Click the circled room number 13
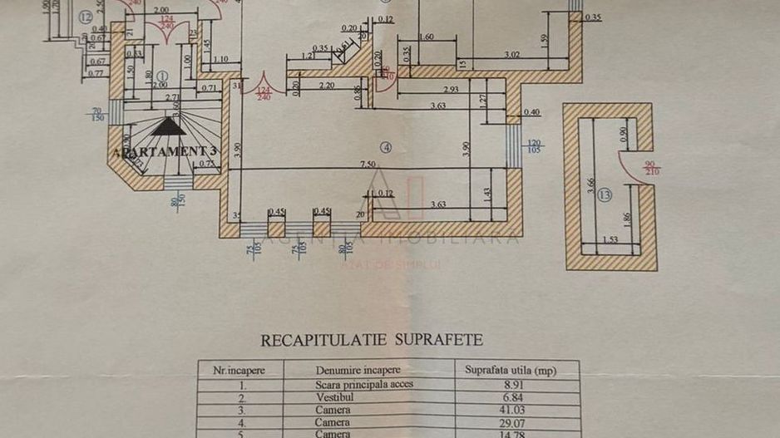pos(605,196)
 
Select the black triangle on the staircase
pos(167,126)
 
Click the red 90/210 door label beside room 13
pos(651,167)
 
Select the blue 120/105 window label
pos(535,146)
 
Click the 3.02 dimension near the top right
pos(512,56)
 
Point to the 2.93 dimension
pos(451,89)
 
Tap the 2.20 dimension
pos(326,85)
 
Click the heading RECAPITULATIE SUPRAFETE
pos(372,340)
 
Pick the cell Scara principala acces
pos(364,384)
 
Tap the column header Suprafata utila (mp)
pos(511,370)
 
